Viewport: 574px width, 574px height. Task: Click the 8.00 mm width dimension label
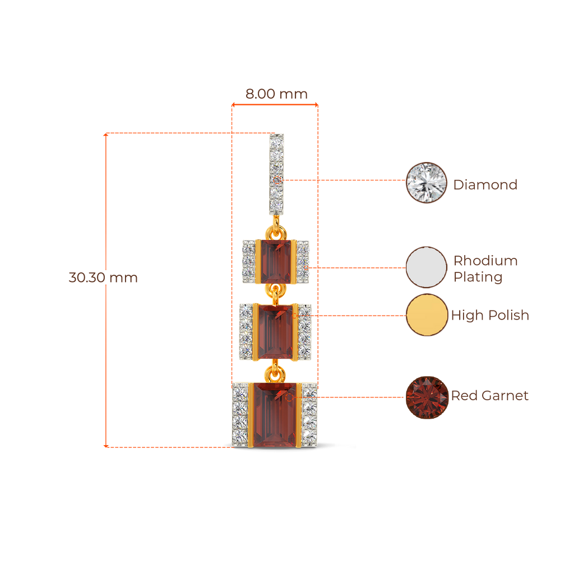(x=276, y=94)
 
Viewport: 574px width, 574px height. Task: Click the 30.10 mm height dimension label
(x=103, y=277)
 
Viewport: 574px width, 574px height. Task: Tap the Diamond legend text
(x=485, y=185)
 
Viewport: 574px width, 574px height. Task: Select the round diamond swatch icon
(x=427, y=182)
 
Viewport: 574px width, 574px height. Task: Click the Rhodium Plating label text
(x=485, y=269)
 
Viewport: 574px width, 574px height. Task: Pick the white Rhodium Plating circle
(x=427, y=267)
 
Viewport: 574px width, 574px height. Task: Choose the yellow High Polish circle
(x=427, y=315)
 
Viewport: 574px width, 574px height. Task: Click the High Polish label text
(x=490, y=316)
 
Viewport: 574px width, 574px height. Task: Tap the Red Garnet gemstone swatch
(x=427, y=397)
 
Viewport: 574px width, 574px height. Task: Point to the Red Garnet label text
(x=490, y=396)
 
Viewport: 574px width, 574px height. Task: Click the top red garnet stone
(x=275, y=261)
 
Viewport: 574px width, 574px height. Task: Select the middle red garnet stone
(x=275, y=332)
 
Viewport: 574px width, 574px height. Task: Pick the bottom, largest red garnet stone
(x=275, y=415)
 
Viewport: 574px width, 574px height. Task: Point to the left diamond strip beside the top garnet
(x=248, y=261)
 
